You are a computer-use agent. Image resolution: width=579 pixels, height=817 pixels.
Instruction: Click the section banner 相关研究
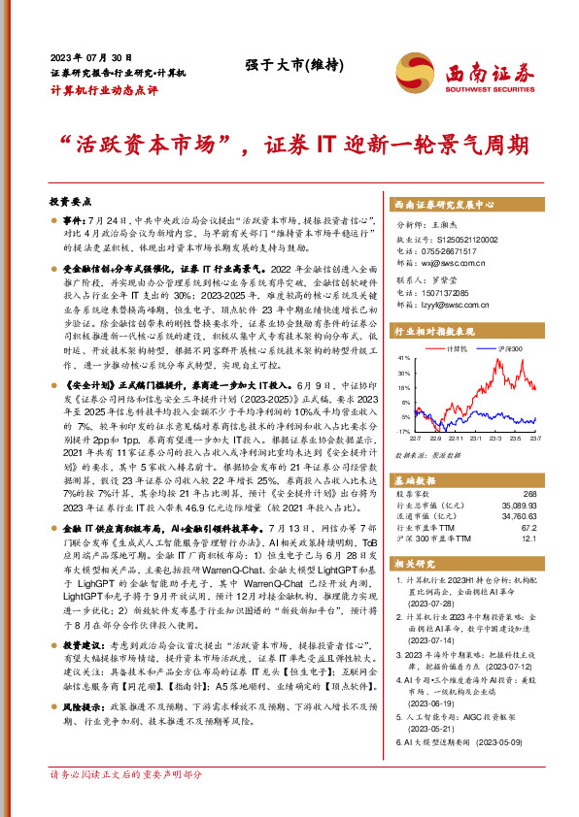[418, 563]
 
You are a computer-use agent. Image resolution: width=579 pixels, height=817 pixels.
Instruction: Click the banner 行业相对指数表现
[440, 330]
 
